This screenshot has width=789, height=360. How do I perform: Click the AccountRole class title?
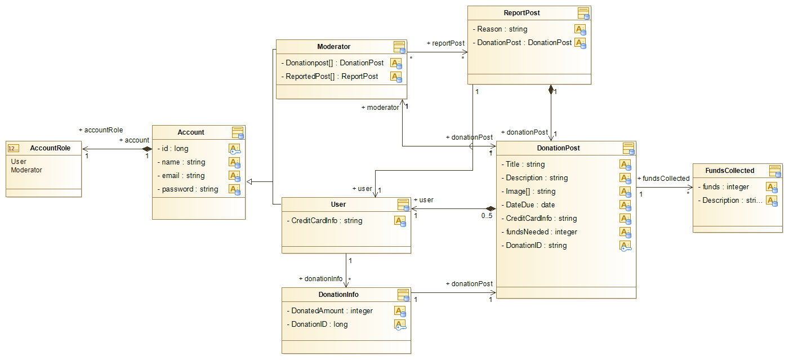[x=50, y=148]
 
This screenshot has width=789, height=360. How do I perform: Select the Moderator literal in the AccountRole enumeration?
[x=26, y=170]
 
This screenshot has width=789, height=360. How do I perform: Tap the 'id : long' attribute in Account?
[x=175, y=149]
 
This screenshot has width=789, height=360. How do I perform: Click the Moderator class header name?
[x=334, y=47]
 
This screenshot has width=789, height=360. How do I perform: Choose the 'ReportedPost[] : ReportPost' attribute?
[x=332, y=77]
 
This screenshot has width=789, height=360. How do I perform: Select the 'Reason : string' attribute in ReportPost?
[x=502, y=29]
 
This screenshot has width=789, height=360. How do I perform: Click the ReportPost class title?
[x=521, y=13]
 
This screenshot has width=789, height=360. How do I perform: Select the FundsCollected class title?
[x=729, y=171]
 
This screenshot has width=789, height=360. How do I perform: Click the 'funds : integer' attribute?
[x=726, y=187]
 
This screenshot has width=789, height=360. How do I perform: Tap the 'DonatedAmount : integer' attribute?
[x=332, y=311]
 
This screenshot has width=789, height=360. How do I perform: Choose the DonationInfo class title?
[x=338, y=295]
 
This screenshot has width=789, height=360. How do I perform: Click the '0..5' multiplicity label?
[x=487, y=215]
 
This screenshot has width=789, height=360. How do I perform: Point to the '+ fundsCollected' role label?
[x=663, y=179]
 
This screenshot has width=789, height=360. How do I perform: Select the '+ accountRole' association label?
[x=101, y=130]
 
